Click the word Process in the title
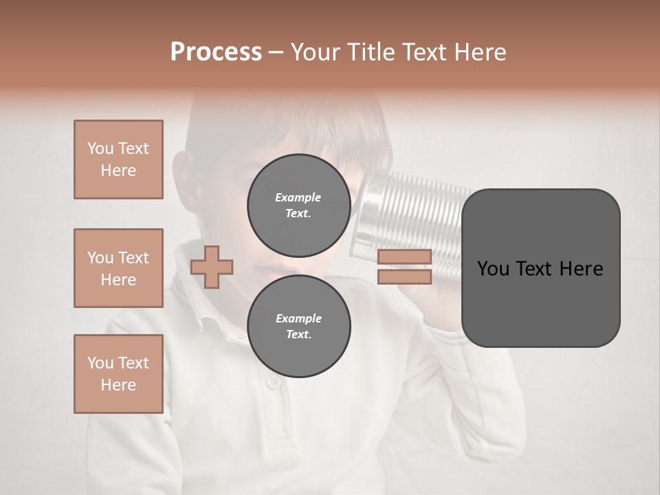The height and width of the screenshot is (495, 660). pos(216,52)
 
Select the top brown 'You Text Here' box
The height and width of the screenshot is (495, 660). pos(118,159)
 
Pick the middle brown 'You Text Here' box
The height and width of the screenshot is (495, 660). pos(118,268)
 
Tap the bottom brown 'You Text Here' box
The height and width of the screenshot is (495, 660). pos(118,374)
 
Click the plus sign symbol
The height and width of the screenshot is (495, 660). pos(212,266)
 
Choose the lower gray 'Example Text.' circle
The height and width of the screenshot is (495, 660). pos(298,327)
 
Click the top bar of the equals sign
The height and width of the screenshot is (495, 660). pos(404,256)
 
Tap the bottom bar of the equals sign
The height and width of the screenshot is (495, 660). pos(404,276)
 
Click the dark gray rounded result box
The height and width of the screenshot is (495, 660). pos(540,302)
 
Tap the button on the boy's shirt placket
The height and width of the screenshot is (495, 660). pos(274,382)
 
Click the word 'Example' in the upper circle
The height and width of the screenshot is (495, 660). pos(298,197)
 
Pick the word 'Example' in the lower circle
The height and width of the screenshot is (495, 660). pos(298,318)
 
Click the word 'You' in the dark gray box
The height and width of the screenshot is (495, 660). pos(493,269)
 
